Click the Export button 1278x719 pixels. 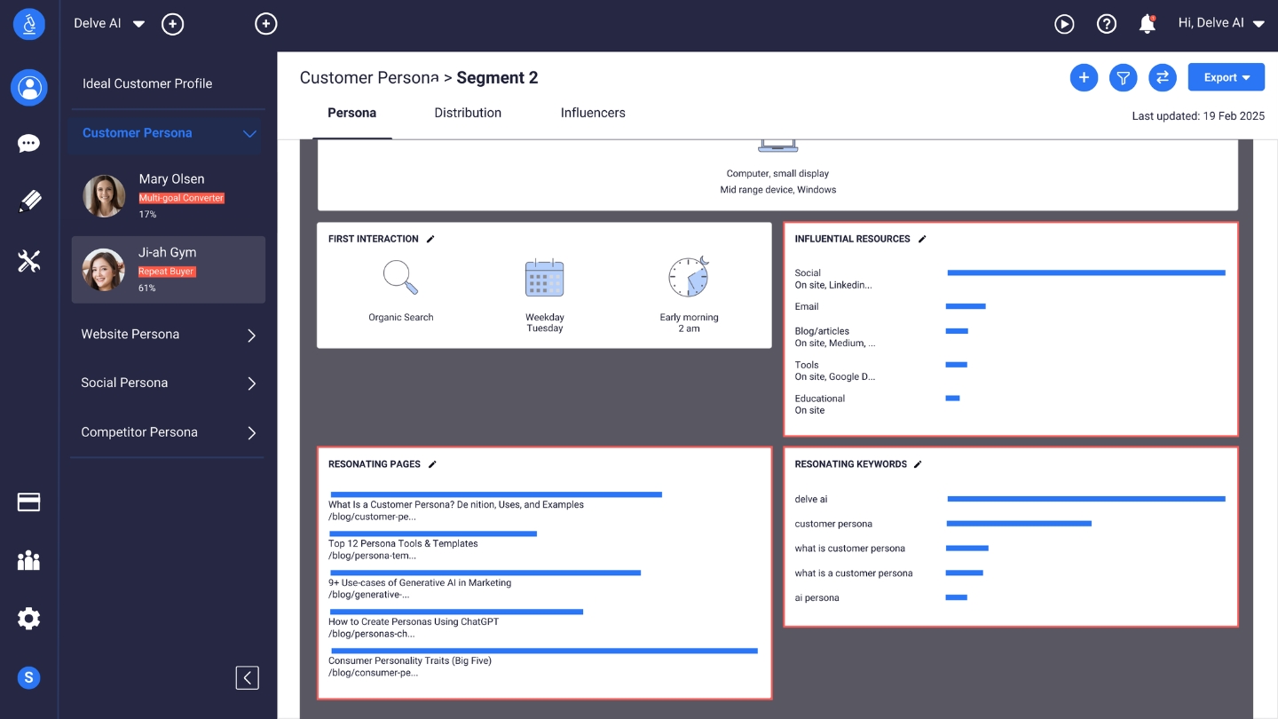1226,78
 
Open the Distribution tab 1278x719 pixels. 468,113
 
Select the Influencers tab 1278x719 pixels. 593,113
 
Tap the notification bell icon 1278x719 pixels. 1148,24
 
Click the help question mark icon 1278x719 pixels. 1106,24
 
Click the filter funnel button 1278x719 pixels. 1123,78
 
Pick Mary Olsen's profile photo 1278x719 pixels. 104,196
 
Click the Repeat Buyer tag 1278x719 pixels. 166,272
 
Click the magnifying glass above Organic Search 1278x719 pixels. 400,277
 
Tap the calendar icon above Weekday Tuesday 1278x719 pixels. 544,278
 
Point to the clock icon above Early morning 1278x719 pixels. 689,277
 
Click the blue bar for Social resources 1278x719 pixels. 1085,273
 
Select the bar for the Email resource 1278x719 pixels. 966,306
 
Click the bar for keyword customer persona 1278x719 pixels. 1018,524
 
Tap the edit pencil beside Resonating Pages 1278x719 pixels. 433,464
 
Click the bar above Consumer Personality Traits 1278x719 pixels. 543,651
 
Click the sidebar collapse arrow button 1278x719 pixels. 248,678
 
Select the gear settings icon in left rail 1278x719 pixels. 28,619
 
